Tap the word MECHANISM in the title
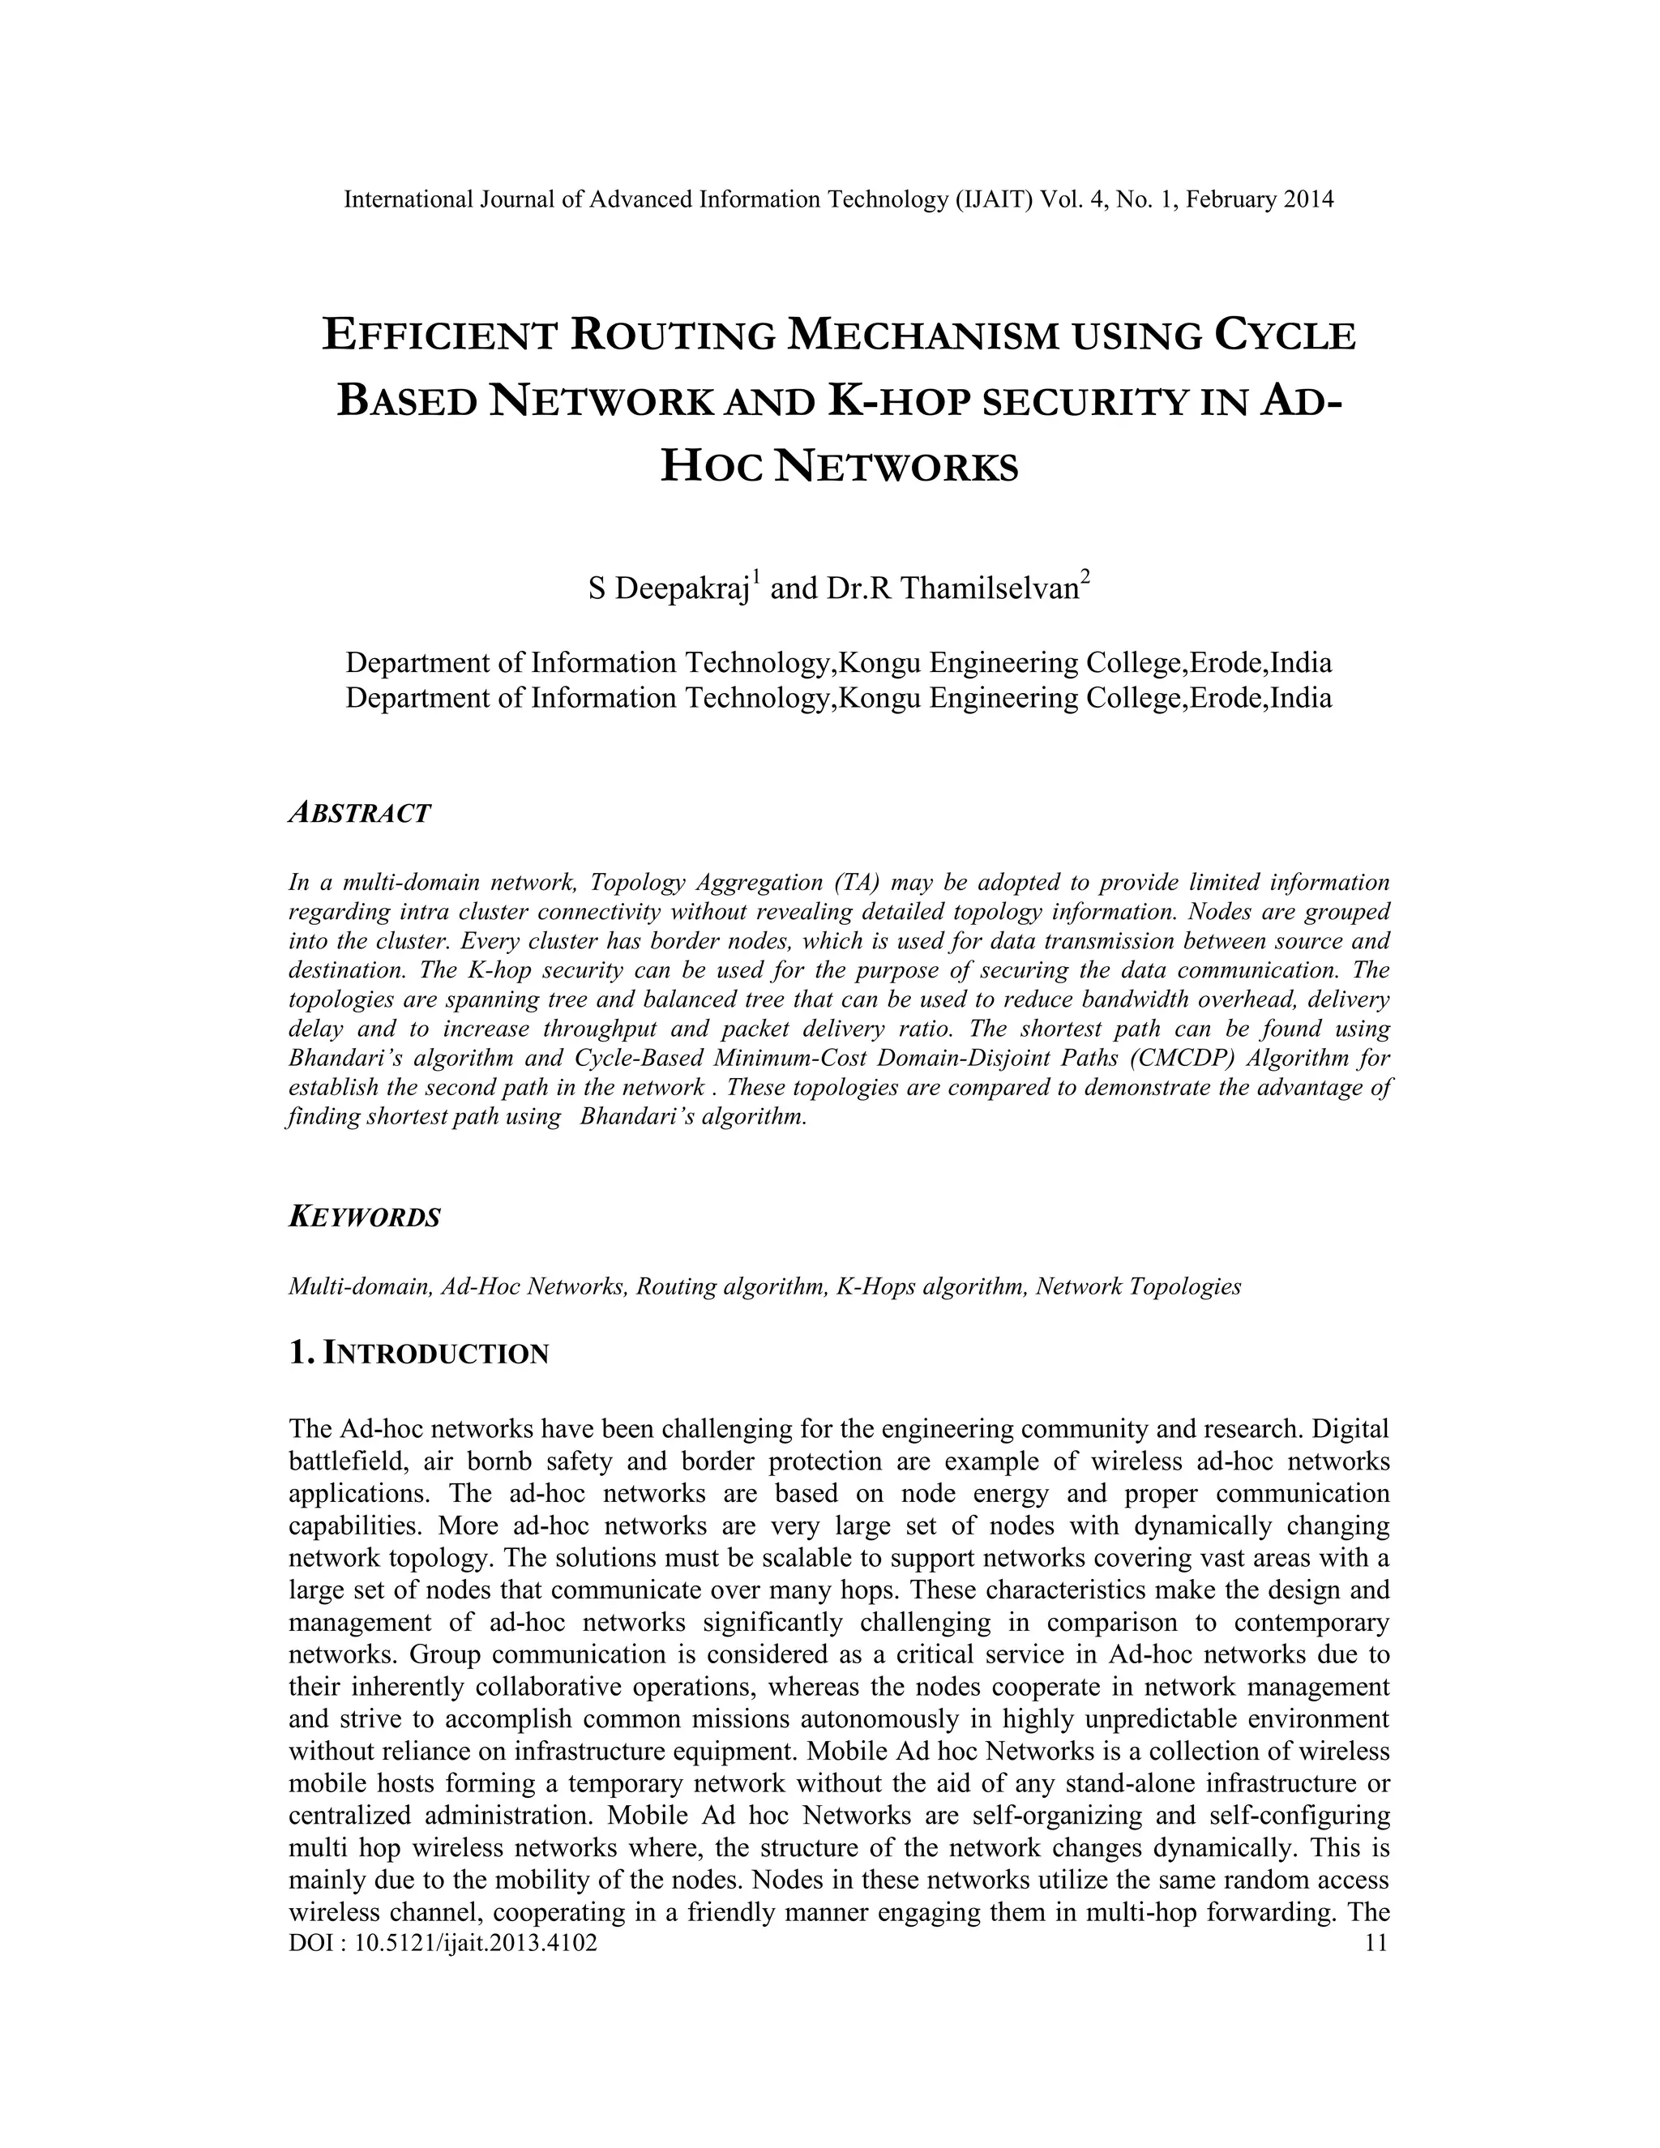pyautogui.click(x=924, y=336)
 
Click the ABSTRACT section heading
pyautogui.click(x=359, y=813)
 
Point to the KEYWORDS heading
pyautogui.click(x=364, y=1217)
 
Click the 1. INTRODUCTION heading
pyautogui.click(x=419, y=1354)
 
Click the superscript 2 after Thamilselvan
pyautogui.click(x=1085, y=578)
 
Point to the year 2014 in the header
pyautogui.click(x=1309, y=199)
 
